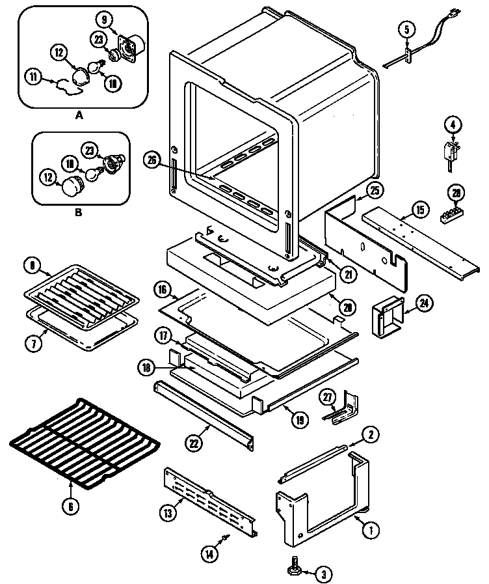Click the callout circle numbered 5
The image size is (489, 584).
click(406, 29)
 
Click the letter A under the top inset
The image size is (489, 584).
click(80, 115)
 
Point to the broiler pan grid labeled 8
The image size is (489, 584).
click(81, 291)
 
